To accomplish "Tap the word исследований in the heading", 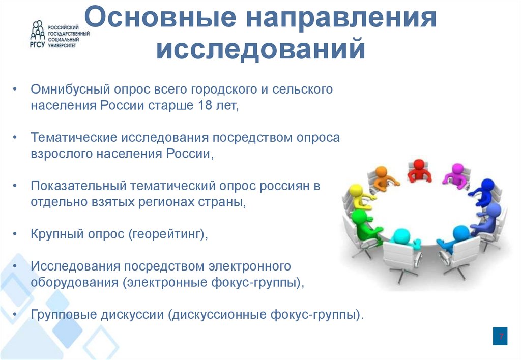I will tap(260, 51).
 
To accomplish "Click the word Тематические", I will tap(73, 138).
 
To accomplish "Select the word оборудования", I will tap(74, 282).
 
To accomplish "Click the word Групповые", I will tap(63, 314).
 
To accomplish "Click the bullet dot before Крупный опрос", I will tap(16, 234).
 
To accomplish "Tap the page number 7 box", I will tap(500, 337).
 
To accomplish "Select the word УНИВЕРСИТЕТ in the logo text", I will tap(62, 45).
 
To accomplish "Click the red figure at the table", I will tap(419, 170).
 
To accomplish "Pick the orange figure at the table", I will tap(381, 176).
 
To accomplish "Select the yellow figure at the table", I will tap(357, 196).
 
